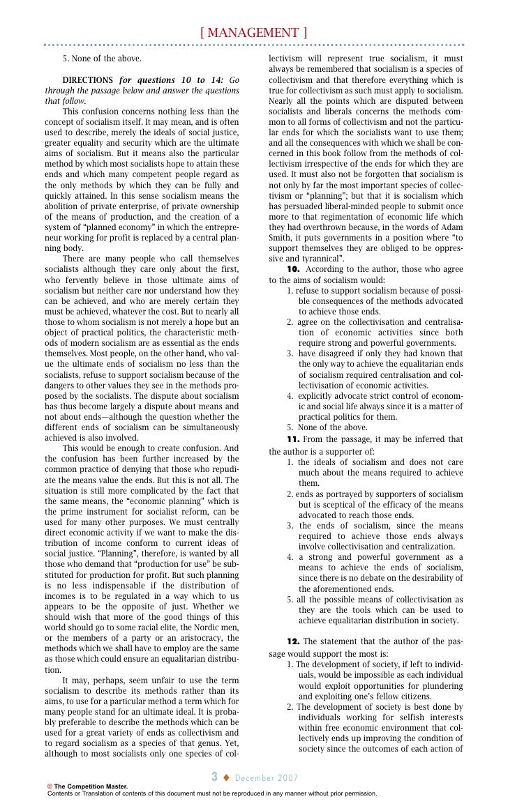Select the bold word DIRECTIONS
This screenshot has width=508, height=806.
(x=88, y=80)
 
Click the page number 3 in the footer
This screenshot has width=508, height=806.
(x=216, y=776)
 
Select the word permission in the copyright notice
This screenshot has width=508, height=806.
(x=359, y=793)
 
